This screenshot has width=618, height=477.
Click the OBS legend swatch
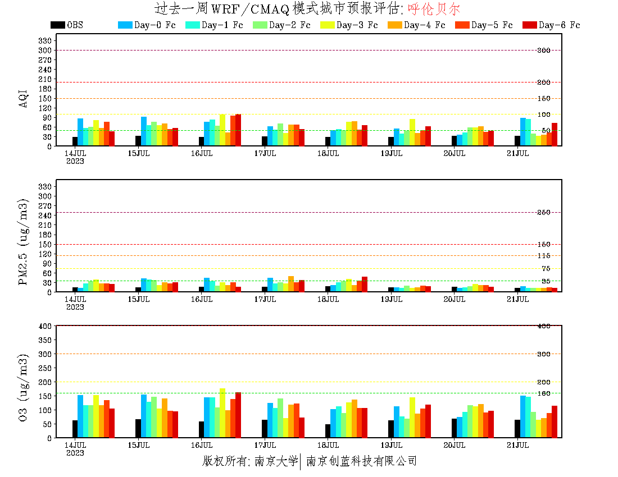pos(57,25)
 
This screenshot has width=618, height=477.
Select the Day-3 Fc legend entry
pos(348,25)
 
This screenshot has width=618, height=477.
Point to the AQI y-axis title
pos(23,98)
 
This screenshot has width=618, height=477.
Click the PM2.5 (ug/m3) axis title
pos(23,241)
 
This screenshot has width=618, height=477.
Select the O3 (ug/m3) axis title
pos(23,387)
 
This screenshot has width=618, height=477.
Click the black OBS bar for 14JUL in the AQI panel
pos(75,141)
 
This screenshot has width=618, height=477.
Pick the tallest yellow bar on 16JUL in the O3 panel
pos(222,413)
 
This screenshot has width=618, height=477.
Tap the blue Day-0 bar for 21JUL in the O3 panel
pos(523,416)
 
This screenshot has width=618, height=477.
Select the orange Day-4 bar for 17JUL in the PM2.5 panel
pos(291,284)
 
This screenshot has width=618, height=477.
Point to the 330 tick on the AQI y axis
pos(45,40)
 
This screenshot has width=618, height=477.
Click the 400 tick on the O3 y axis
pos(45,325)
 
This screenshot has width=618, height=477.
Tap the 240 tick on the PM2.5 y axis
pos(45,215)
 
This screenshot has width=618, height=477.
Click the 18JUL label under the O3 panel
pos(328,444)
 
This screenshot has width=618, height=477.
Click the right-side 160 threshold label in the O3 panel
pos(543,393)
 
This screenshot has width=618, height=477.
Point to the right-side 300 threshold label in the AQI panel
pos(543,50)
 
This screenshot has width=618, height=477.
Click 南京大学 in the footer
pos(275,461)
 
